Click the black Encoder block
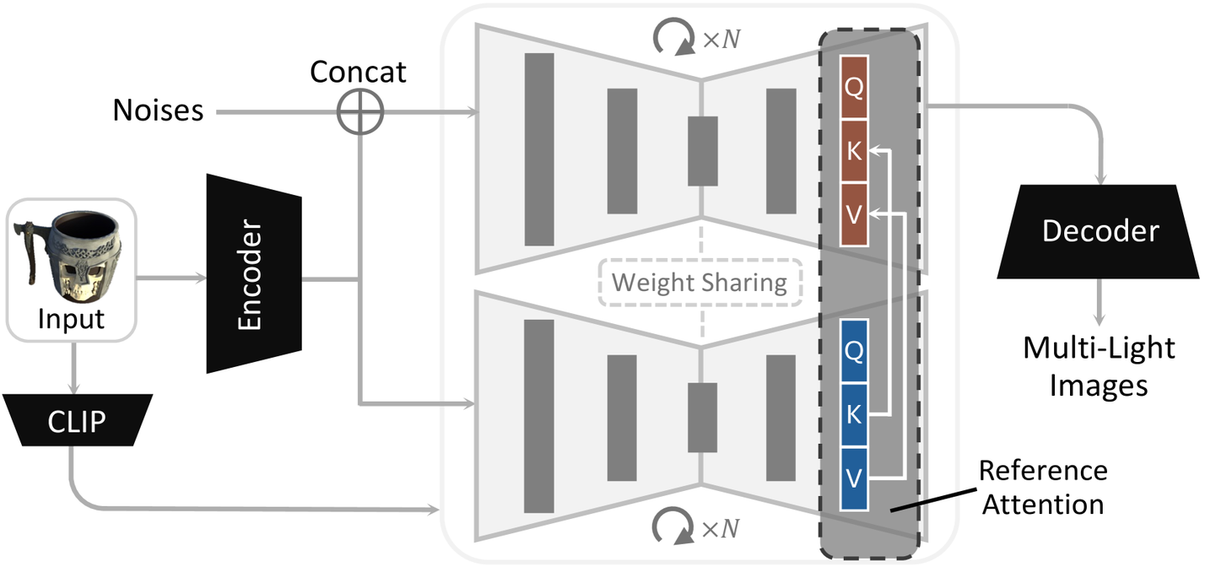pyautogui.click(x=254, y=272)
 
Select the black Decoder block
pyautogui.click(x=1100, y=232)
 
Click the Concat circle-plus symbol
pyautogui.click(x=360, y=111)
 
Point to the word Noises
pyautogui.click(x=158, y=111)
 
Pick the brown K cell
pyautogui.click(x=854, y=151)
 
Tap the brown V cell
pyautogui.click(x=854, y=214)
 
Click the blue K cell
pyautogui.click(x=854, y=414)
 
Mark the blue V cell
pyautogui.click(x=854, y=478)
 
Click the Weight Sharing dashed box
pyautogui.click(x=699, y=282)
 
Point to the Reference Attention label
pyautogui.click(x=1042, y=487)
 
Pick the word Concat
pyautogui.click(x=358, y=72)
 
